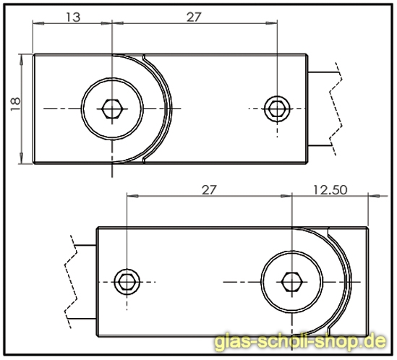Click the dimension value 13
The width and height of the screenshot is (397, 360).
click(x=72, y=17)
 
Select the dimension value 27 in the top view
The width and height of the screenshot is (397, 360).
click(x=194, y=17)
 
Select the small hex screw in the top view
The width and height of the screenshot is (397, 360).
click(x=275, y=108)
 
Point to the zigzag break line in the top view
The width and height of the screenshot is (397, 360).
click(x=334, y=108)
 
